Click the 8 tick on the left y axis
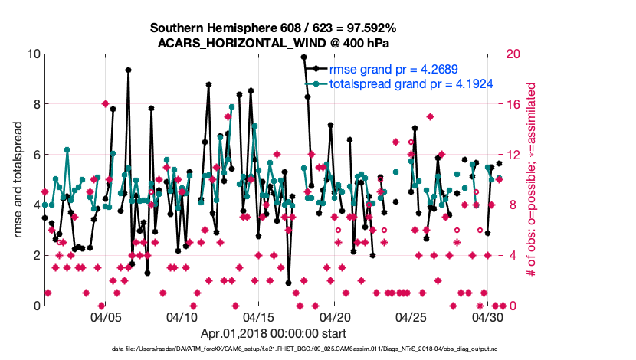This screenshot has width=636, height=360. click(34, 104)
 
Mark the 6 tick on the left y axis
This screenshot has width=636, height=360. click(34, 155)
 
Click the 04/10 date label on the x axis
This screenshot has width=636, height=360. click(182, 316)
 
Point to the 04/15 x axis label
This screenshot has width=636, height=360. click(258, 316)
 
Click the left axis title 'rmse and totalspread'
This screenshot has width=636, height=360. click(16, 179)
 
